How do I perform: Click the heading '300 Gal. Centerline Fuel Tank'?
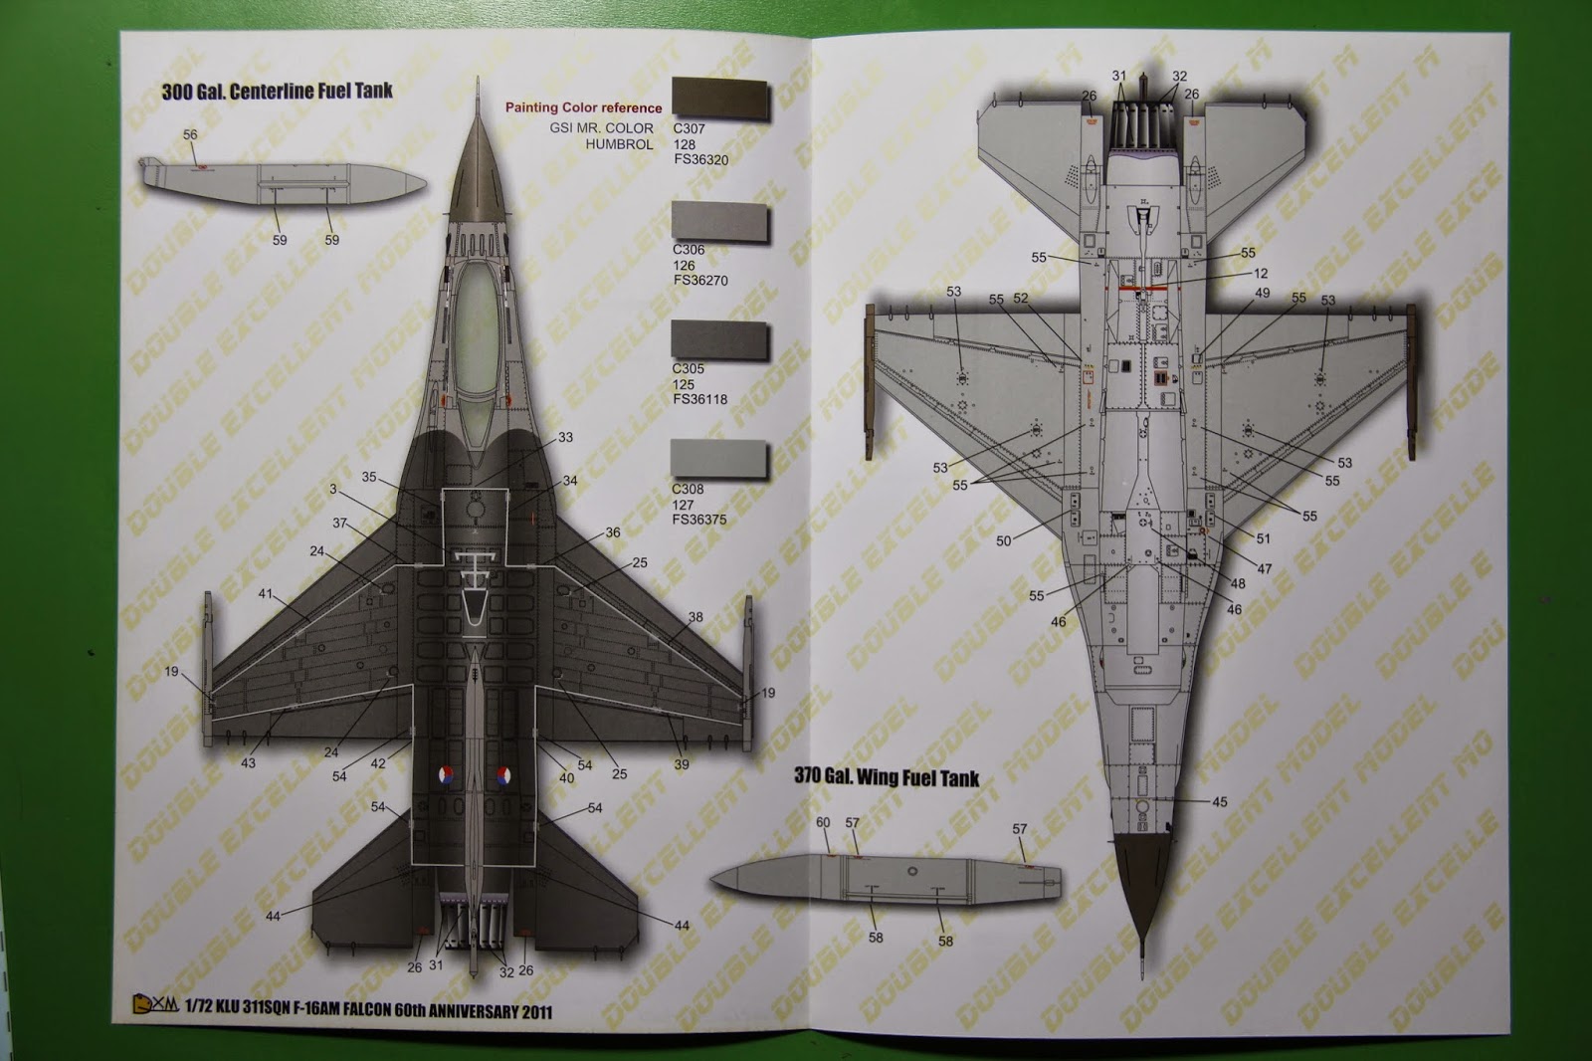pos(277,92)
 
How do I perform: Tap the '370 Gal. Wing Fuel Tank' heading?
pos(887,777)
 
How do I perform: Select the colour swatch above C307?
pos(720,100)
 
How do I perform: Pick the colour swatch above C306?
pos(720,220)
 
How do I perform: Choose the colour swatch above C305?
pos(720,339)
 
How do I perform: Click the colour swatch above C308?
pos(720,459)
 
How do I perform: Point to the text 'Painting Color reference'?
pos(583,107)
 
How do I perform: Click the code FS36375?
pos(699,519)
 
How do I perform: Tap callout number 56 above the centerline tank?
pos(190,134)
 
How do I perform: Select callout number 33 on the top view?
pos(565,437)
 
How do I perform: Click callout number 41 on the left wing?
pos(266,594)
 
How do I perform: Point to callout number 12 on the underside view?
pos(1261,273)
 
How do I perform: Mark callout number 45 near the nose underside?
pos(1220,801)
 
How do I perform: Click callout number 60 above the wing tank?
pos(823,822)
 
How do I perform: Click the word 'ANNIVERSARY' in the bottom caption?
pos(453,1013)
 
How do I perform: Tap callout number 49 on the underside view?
pos(1263,294)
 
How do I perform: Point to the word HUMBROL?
pos(619,144)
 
